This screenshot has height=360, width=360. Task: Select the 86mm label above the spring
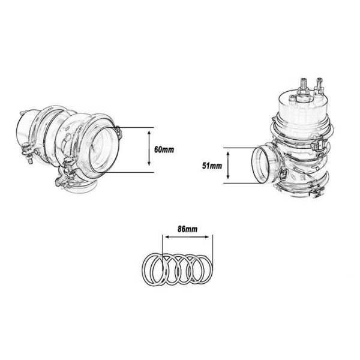187,229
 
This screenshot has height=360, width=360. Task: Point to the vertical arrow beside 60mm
149,149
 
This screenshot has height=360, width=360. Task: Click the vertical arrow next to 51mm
229,165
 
